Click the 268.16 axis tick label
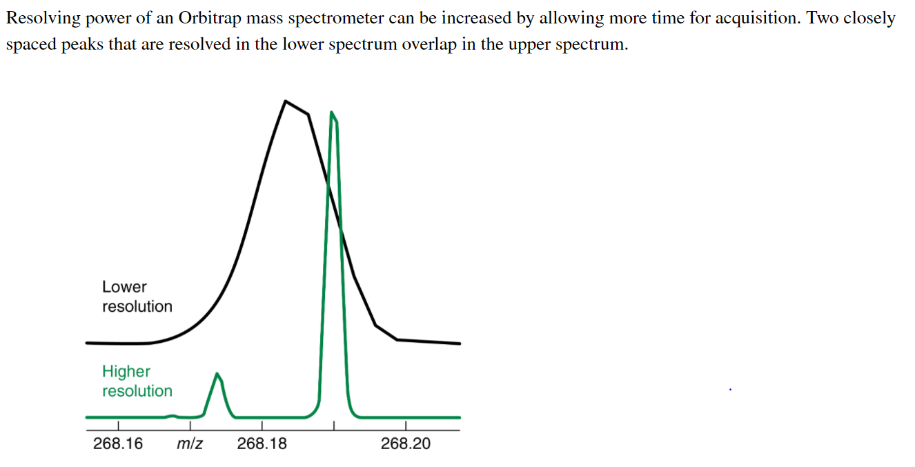click(118, 444)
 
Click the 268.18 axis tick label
click(262, 444)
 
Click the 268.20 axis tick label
click(405, 444)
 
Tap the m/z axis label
click(190, 444)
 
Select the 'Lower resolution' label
click(137, 297)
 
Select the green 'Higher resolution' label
click(137, 381)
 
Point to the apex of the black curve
click(286, 101)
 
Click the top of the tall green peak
click(333, 112)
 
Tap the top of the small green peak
click(218, 375)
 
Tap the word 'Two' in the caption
click(823, 19)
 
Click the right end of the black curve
click(459, 343)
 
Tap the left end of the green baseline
click(87, 417)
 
